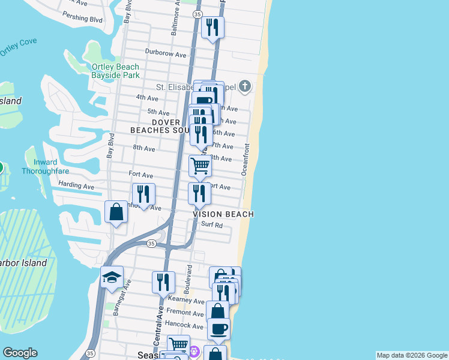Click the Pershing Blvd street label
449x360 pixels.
pyautogui.click(x=83, y=19)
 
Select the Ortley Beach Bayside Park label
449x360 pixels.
pyautogui.click(x=116, y=71)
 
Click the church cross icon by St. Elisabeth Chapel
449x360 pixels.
pyautogui.click(x=244, y=86)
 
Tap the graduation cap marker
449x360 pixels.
pyautogui.click(x=112, y=277)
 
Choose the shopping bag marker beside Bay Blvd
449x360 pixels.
pyautogui.click(x=116, y=212)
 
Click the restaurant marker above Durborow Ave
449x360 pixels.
pyautogui.click(x=212, y=28)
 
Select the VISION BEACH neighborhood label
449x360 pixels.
pyautogui.click(x=223, y=214)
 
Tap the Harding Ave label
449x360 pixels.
pyautogui.click(x=76, y=187)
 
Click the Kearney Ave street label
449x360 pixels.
pyautogui.click(x=187, y=300)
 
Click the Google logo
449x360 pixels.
pyautogui.click(x=20, y=353)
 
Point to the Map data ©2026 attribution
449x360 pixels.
pyautogui.click(x=412, y=355)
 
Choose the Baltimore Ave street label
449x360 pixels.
pyautogui.click(x=175, y=22)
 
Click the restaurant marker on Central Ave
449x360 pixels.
pyautogui.click(x=163, y=282)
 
